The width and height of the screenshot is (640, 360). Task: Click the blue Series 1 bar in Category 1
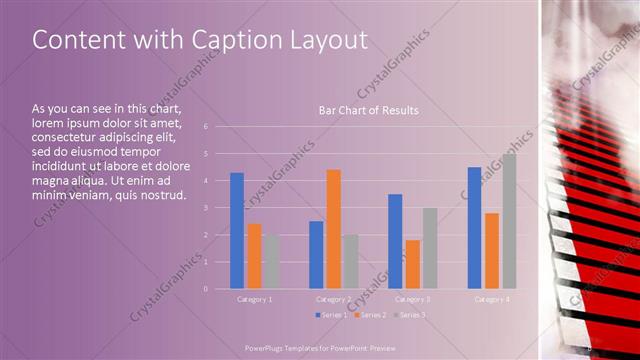pos(237,231)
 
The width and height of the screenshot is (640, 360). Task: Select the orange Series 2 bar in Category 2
pos(334,229)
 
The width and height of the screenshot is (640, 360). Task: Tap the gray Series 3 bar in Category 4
pos(509,221)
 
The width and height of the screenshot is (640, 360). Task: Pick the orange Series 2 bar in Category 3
pos(413,264)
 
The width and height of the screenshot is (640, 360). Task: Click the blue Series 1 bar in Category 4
pos(474,228)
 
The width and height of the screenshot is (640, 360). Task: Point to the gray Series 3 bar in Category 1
pos(272,262)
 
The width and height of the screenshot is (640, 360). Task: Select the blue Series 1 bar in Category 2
pos(316,255)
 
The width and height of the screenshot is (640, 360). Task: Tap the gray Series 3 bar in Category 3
pos(430,248)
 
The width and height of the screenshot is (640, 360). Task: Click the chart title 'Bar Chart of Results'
pos(368,110)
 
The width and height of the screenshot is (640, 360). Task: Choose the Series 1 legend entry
pos(331,315)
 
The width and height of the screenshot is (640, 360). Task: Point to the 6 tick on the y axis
pos(205,127)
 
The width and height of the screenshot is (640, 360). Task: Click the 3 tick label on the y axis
pos(205,208)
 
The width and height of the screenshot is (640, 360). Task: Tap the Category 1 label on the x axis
pos(254,299)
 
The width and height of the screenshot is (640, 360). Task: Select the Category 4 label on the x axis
pos(491,299)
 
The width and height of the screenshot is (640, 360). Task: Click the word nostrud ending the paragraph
pos(163,194)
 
